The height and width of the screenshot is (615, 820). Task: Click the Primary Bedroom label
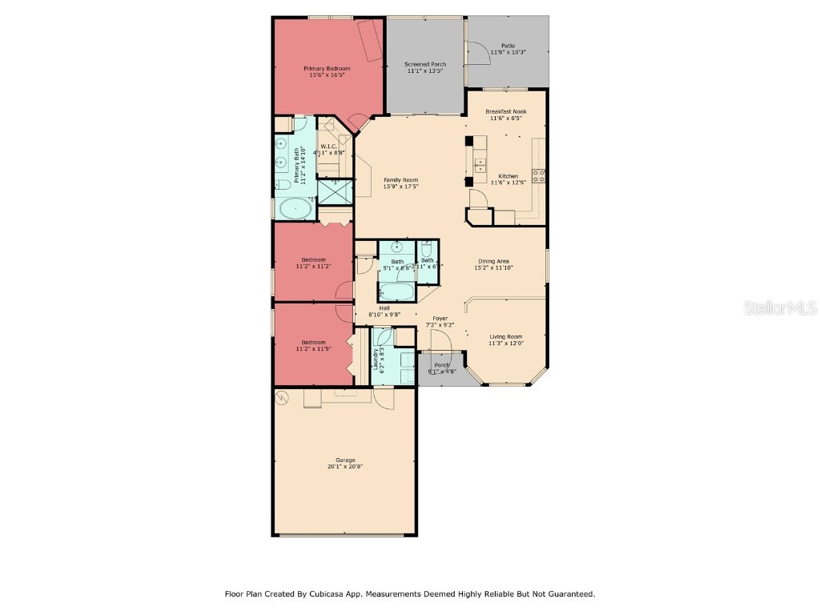click(327, 69)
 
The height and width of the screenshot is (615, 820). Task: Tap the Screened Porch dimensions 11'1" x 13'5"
click(425, 71)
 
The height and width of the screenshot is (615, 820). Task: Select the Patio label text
click(508, 46)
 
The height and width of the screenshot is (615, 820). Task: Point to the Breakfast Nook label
click(505, 111)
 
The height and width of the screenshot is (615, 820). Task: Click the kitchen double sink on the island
click(480, 166)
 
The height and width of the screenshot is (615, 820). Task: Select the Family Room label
click(400, 180)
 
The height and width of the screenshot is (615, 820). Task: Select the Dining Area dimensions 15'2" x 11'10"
click(493, 268)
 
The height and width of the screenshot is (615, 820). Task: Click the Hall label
click(384, 308)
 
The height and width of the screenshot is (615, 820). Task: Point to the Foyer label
click(440, 319)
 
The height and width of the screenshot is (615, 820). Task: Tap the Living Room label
click(505, 336)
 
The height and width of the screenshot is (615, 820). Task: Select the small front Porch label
click(441, 365)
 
